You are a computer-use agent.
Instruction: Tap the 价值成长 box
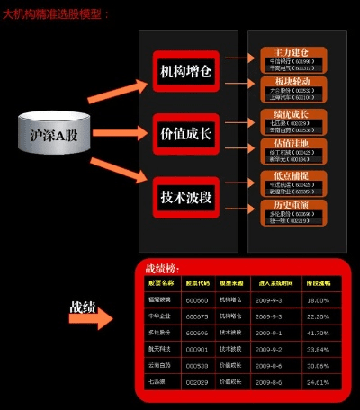click(x=186, y=133)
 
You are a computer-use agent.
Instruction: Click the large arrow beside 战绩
click(x=94, y=317)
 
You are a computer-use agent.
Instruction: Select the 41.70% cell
click(x=318, y=332)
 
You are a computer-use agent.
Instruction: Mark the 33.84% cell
click(x=318, y=349)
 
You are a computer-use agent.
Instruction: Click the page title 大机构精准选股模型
click(x=56, y=15)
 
